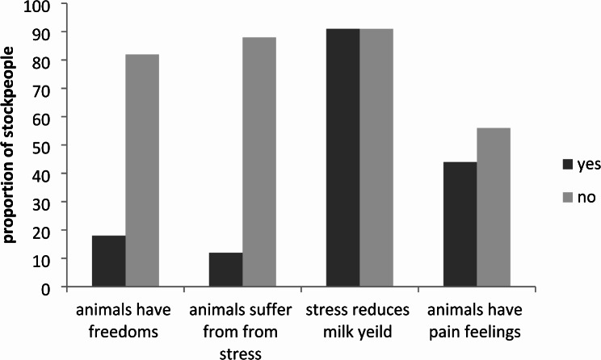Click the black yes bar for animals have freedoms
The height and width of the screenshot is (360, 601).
(109, 261)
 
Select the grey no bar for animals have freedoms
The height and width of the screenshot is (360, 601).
(142, 170)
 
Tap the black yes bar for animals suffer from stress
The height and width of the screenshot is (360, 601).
(225, 270)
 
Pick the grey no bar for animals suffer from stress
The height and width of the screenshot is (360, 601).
(259, 162)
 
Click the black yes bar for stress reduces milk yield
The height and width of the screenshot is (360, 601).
(343, 157)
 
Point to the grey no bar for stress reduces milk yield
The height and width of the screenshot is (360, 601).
(376, 157)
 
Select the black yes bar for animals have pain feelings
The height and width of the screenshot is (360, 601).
(460, 224)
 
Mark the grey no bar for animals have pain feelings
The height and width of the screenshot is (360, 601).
(494, 207)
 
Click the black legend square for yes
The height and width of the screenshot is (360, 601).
(568, 165)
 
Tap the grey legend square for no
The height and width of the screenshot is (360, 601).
(568, 197)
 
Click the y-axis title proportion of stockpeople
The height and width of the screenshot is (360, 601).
(8, 145)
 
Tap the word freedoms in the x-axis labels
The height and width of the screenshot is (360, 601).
(124, 331)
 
